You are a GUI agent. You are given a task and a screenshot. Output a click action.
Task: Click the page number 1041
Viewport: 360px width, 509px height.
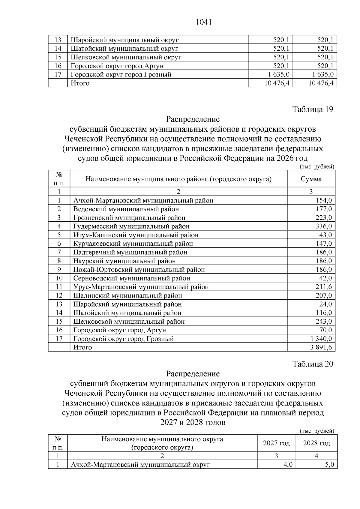(x=204, y=22)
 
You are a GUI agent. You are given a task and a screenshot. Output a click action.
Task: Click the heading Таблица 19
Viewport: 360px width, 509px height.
(x=313, y=109)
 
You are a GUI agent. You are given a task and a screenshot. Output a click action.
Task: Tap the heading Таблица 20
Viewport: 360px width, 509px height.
(x=313, y=364)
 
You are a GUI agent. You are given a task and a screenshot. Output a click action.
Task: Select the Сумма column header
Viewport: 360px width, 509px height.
(x=311, y=179)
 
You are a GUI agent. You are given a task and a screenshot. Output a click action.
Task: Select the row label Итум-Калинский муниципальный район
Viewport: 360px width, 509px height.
(x=136, y=235)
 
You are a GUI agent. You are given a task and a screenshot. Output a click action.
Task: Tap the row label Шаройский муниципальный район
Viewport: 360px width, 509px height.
(x=127, y=304)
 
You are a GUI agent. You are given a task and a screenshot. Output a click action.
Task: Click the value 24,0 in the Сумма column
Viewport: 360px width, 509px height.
(x=325, y=304)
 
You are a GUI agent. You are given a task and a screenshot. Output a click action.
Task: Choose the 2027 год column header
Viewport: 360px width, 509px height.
(x=276, y=443)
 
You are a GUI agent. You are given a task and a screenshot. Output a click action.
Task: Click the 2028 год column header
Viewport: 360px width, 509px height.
(x=316, y=443)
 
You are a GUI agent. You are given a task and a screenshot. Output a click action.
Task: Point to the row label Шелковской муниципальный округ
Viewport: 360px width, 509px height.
(x=126, y=57)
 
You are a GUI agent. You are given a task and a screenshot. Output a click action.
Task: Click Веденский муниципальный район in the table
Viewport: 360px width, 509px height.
(x=126, y=209)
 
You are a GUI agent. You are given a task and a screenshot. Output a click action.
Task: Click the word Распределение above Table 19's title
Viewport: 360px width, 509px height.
(x=193, y=119)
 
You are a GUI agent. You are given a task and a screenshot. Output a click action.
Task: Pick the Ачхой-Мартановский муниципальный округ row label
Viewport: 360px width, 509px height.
(x=140, y=465)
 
